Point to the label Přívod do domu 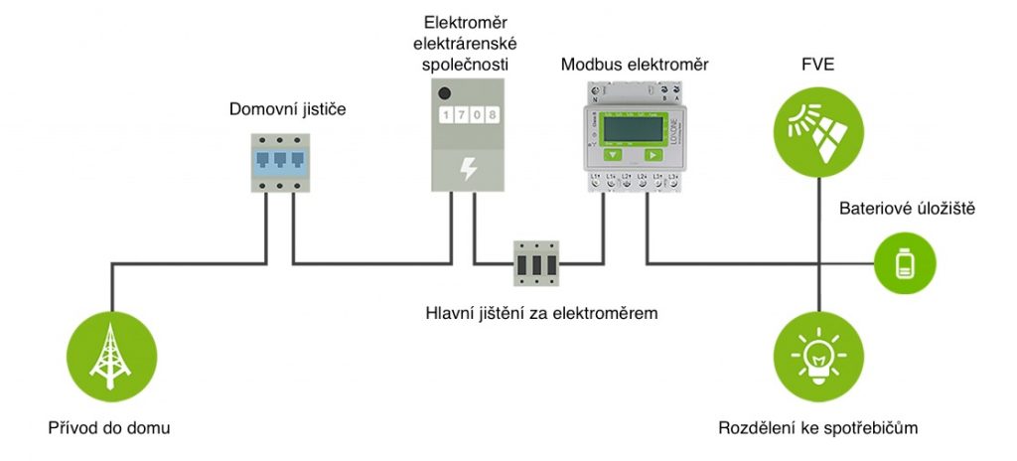click(109, 429)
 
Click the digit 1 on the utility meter click(446, 115)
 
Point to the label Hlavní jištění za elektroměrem click(541, 313)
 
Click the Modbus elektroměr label click(635, 65)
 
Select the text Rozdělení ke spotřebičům click(817, 429)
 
